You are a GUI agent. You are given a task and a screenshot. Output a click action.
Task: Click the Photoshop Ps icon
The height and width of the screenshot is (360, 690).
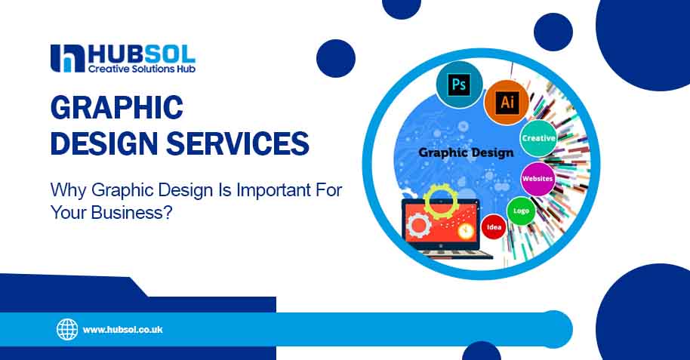(x=459, y=84)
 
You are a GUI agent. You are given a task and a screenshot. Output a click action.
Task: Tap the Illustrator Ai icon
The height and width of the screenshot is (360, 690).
(x=507, y=102)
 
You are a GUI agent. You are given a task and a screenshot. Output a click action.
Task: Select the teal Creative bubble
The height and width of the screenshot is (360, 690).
(x=538, y=138)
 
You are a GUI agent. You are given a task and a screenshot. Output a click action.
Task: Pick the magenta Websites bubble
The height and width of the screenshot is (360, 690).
(x=538, y=179)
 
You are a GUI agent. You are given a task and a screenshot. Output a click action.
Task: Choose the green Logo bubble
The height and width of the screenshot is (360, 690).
(x=521, y=211)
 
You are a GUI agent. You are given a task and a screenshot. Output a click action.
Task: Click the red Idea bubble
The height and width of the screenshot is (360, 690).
(x=494, y=227)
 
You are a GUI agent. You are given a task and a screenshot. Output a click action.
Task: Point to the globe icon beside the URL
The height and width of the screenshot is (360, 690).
(x=67, y=329)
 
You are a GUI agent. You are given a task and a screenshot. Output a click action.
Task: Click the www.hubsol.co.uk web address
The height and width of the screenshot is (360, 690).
(x=123, y=330)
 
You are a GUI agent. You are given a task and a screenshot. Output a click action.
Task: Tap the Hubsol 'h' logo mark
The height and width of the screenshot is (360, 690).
(x=67, y=59)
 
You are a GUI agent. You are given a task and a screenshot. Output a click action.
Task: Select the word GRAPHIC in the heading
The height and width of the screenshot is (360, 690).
(x=116, y=107)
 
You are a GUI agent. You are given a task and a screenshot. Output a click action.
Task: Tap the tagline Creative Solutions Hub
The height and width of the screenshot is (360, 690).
(x=142, y=69)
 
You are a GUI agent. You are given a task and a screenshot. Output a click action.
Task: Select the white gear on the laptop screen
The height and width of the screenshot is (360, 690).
(x=418, y=226)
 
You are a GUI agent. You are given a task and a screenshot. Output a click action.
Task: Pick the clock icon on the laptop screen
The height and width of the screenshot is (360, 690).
(x=465, y=231)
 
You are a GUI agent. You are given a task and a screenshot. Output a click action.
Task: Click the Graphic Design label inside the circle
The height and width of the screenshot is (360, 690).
(x=466, y=153)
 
